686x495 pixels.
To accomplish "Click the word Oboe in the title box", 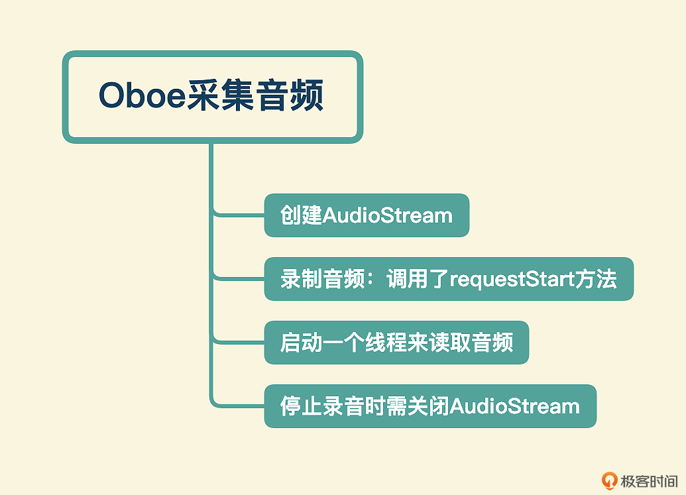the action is coord(143,95).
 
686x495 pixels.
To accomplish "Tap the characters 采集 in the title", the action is coord(221,95).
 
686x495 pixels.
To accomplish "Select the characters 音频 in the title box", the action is coord(289,95).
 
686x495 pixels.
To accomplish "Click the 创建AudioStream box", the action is coord(367,215).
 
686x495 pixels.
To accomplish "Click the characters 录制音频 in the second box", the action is coord(323,279).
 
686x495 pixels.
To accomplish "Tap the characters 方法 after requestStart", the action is coord(596,279).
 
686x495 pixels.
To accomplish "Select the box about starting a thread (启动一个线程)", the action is coord(396,343).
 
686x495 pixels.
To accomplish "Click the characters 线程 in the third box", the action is coord(386,343).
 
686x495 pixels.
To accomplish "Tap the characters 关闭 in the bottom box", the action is coord(428,406).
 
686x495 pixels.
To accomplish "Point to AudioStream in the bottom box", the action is coord(515,406).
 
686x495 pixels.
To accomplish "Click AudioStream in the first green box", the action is coord(388,215).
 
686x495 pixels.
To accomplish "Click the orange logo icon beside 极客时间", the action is coord(609,480).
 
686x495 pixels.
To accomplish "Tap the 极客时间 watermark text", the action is coord(649,481).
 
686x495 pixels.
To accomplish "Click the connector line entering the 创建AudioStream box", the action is coord(239,215).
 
